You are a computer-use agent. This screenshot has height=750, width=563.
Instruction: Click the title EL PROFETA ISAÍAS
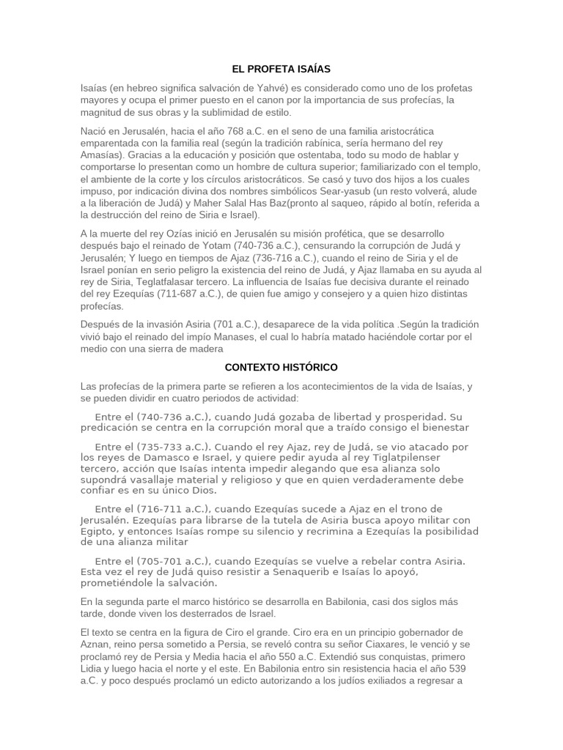point(281,69)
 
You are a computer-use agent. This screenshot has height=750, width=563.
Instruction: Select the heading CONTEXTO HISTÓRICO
point(281,367)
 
